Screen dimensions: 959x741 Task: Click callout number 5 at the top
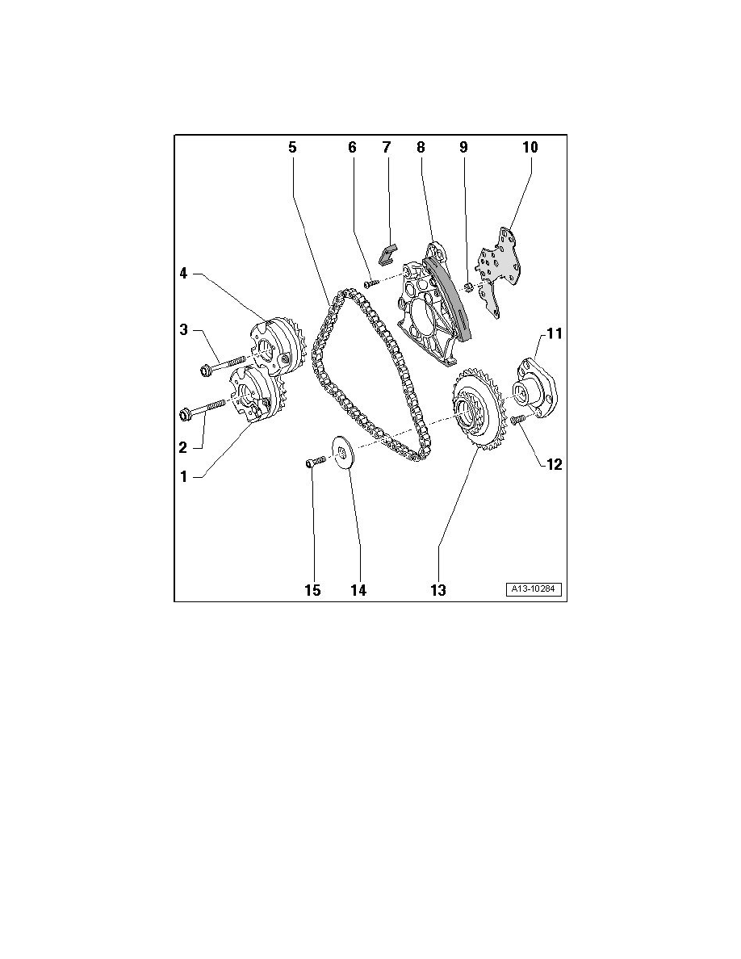click(292, 148)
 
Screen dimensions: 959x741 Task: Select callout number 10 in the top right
click(530, 148)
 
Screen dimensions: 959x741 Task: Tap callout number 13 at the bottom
click(437, 590)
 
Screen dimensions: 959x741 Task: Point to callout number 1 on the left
click(183, 476)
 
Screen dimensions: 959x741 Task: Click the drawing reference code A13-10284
click(534, 590)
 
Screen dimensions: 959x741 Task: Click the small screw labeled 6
click(370, 284)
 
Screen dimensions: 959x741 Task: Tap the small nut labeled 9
click(467, 287)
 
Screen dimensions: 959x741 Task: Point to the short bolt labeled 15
click(314, 463)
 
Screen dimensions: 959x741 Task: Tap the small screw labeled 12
click(518, 419)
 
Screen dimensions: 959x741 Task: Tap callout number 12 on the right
click(554, 464)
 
